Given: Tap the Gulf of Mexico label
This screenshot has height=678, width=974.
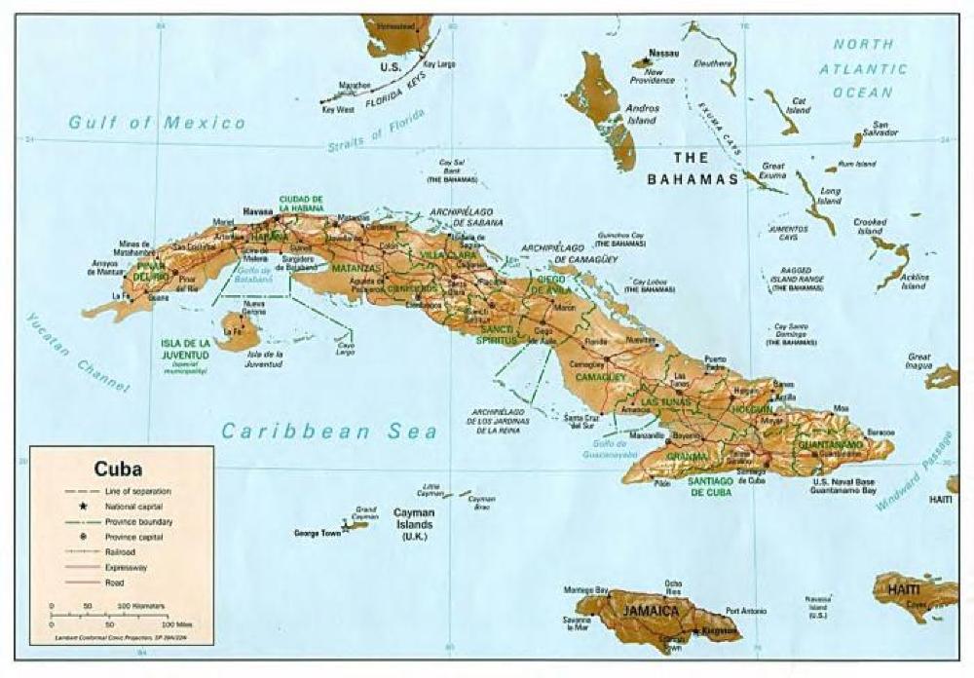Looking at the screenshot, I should click(x=156, y=123).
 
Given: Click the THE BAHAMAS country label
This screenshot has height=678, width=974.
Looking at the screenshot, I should click(x=693, y=168).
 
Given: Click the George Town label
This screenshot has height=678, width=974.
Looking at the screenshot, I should click(x=317, y=533).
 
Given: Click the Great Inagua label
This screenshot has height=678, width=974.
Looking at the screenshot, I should click(x=918, y=361).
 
